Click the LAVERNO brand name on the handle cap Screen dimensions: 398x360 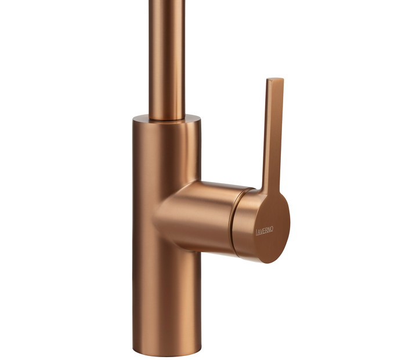point(265,231)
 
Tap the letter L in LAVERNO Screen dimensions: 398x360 point(257,232)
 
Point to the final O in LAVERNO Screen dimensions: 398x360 point(272,230)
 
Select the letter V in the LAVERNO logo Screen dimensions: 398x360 point(261,231)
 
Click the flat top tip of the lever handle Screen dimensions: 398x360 point(275,79)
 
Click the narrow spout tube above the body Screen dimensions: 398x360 point(167,60)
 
